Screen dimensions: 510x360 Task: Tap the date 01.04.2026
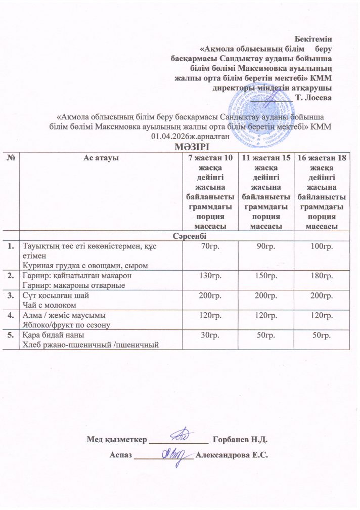pos(170,136)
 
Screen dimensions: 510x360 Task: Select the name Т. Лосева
pos(316,98)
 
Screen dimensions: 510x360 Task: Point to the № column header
pos(10,158)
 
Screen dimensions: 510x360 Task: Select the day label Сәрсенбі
pos(188,237)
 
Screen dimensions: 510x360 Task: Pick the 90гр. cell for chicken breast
pos(266,247)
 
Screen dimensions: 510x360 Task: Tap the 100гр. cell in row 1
pos(322,247)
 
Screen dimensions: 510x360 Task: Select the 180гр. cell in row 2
pos(322,276)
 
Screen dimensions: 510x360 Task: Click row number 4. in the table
pos(11,316)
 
